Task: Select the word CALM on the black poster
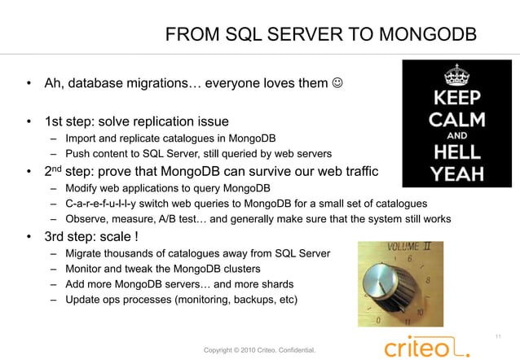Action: (x=456, y=120)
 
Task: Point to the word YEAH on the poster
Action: (x=456, y=172)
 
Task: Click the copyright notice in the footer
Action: (x=259, y=350)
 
